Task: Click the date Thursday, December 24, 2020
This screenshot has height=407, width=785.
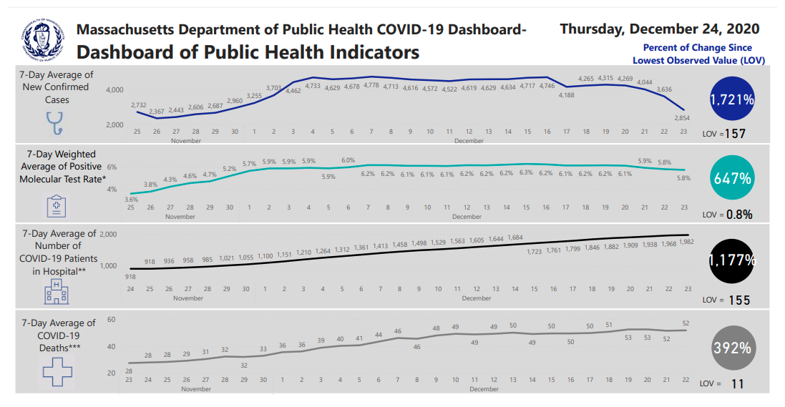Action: coord(659,29)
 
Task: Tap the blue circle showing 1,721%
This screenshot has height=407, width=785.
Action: coord(732,100)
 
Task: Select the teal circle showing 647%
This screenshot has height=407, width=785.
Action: coord(732,179)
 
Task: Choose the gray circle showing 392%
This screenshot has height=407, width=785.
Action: coord(732,348)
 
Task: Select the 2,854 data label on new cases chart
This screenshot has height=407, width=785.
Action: coord(683,117)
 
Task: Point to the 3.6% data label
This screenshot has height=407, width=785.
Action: coord(131,199)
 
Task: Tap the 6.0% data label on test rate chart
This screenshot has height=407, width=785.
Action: coord(348,160)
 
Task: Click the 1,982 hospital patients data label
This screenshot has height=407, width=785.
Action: coord(687,242)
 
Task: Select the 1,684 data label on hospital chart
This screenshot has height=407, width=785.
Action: coord(515,237)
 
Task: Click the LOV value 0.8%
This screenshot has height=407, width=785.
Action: coord(738,215)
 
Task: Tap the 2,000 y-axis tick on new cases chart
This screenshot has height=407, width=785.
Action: coord(114,125)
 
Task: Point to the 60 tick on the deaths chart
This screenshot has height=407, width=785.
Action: coord(111,320)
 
